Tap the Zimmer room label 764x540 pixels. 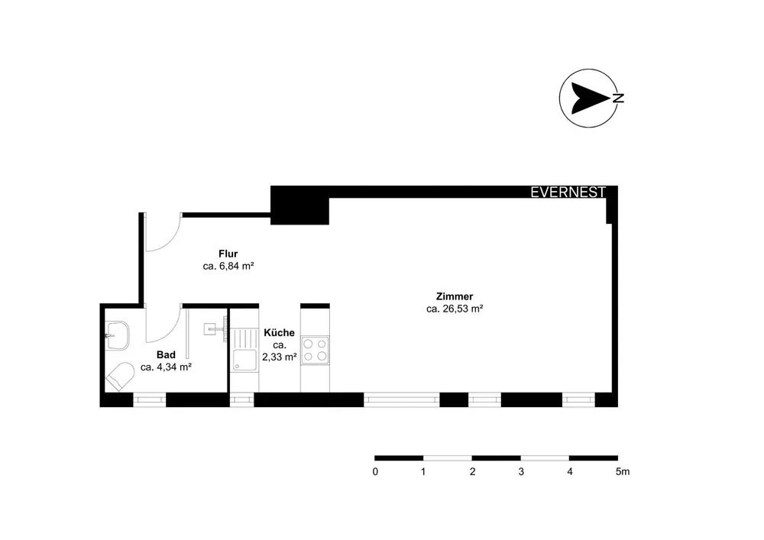pyautogui.click(x=455, y=296)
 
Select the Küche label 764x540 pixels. pyautogui.click(x=279, y=333)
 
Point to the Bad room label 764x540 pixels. pyautogui.click(x=166, y=354)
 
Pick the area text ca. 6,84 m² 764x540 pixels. pyautogui.click(x=228, y=267)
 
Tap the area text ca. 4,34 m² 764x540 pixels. pyautogui.click(x=166, y=367)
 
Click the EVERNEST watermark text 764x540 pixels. pyautogui.click(x=568, y=192)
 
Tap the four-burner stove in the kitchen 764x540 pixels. pyautogui.click(x=316, y=350)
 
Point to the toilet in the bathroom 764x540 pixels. pyautogui.click(x=120, y=375)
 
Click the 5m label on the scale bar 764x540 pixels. pyautogui.click(x=622, y=472)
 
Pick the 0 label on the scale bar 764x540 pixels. pyautogui.click(x=375, y=472)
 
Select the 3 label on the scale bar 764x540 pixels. pyautogui.click(x=521, y=472)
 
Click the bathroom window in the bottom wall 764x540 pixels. pyautogui.click(x=149, y=399)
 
